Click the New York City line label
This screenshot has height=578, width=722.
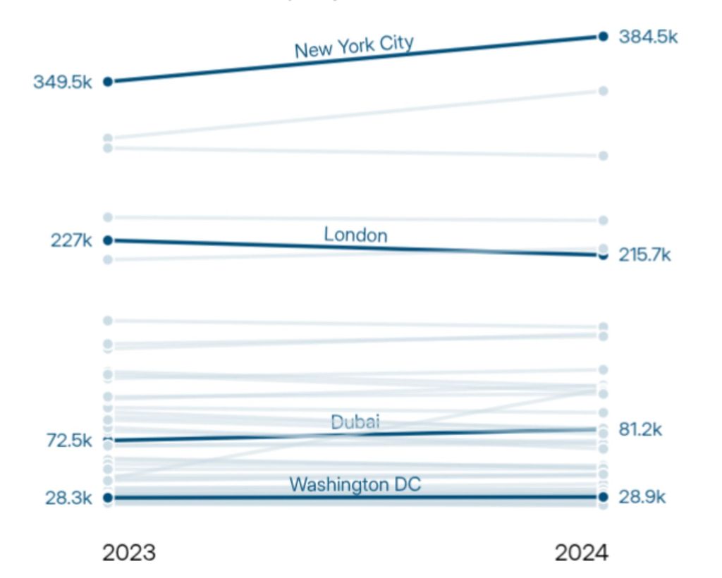(x=354, y=48)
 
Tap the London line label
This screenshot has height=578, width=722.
(x=355, y=235)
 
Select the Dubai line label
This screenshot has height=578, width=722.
(x=355, y=422)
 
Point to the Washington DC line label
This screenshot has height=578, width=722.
(x=355, y=485)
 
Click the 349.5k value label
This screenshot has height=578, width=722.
(x=62, y=82)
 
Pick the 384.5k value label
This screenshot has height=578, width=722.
(x=648, y=37)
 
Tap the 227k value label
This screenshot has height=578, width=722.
(x=71, y=240)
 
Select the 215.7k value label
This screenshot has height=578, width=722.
(x=645, y=255)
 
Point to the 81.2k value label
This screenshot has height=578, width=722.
(x=640, y=430)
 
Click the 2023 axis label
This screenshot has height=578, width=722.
(x=129, y=552)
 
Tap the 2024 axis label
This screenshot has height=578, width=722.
(x=581, y=552)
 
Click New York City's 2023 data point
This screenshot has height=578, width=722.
(x=108, y=82)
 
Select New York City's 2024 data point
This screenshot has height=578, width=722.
(x=603, y=36)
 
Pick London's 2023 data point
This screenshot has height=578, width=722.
(x=108, y=240)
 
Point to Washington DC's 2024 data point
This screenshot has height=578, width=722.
(x=603, y=498)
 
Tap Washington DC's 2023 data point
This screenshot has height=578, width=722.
(x=108, y=498)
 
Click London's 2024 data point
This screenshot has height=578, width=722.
(x=603, y=255)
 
